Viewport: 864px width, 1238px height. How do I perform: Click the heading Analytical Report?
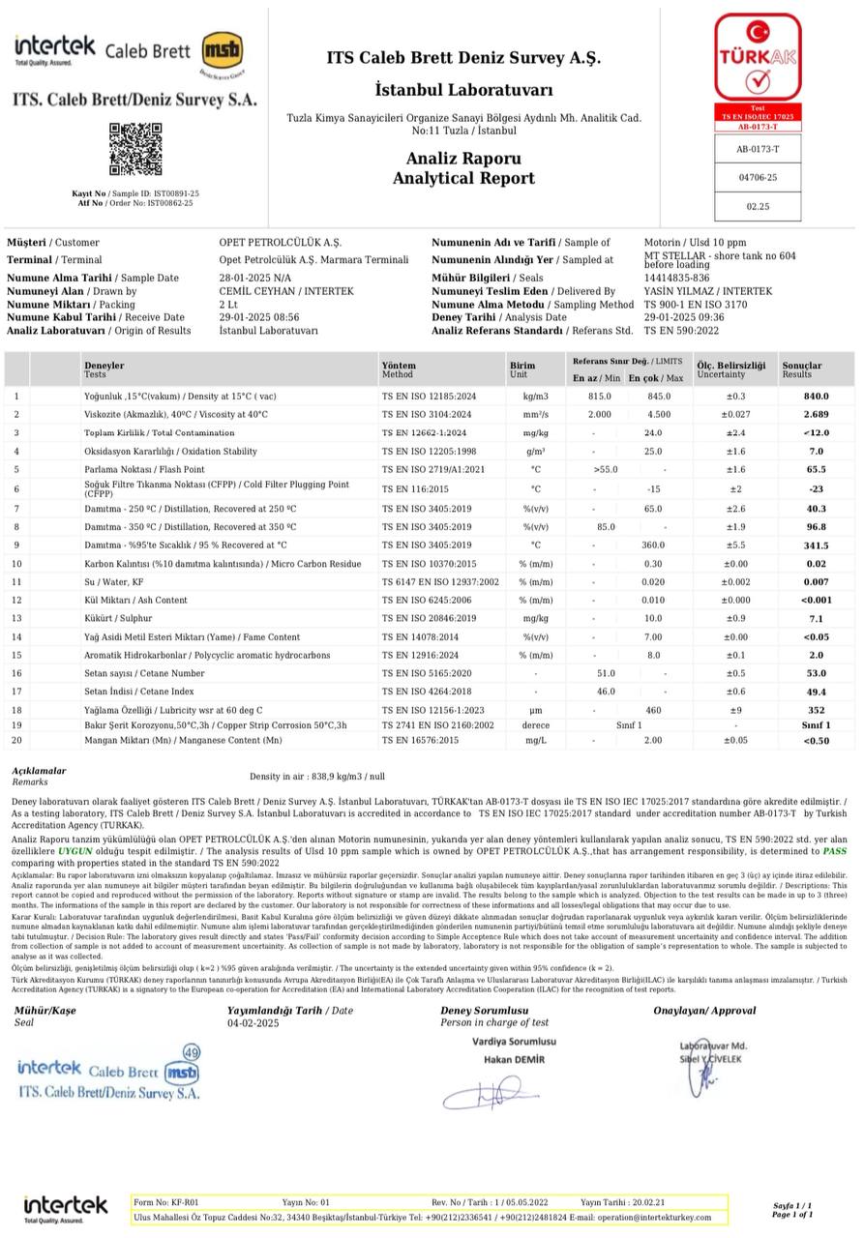point(462,178)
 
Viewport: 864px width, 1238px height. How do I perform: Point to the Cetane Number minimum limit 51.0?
point(606,673)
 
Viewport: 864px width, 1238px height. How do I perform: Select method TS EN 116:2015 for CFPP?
point(414,488)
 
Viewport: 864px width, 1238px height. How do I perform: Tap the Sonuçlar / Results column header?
point(802,369)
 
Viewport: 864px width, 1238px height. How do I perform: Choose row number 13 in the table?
point(16,618)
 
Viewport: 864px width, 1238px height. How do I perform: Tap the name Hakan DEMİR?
point(514,1059)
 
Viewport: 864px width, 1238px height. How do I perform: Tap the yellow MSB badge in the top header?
point(222,51)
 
